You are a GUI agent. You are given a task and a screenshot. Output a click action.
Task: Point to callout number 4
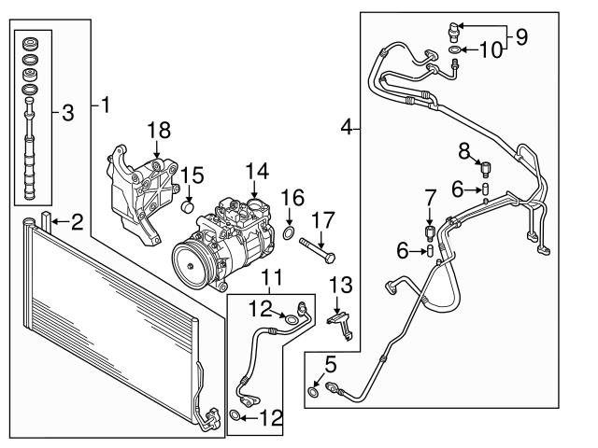click(x=347, y=127)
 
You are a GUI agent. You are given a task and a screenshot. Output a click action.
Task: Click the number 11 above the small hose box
click(x=271, y=277)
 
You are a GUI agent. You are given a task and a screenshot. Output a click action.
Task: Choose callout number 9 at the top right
click(x=521, y=37)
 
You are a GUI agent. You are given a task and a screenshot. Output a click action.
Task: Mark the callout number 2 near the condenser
click(x=77, y=221)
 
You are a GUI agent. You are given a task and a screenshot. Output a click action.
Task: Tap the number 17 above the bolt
click(x=323, y=220)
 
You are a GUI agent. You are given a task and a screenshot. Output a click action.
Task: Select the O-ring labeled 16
click(x=290, y=232)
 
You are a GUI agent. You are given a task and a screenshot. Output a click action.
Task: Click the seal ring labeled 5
click(x=313, y=393)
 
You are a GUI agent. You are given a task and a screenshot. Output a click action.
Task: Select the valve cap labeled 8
click(x=485, y=168)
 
